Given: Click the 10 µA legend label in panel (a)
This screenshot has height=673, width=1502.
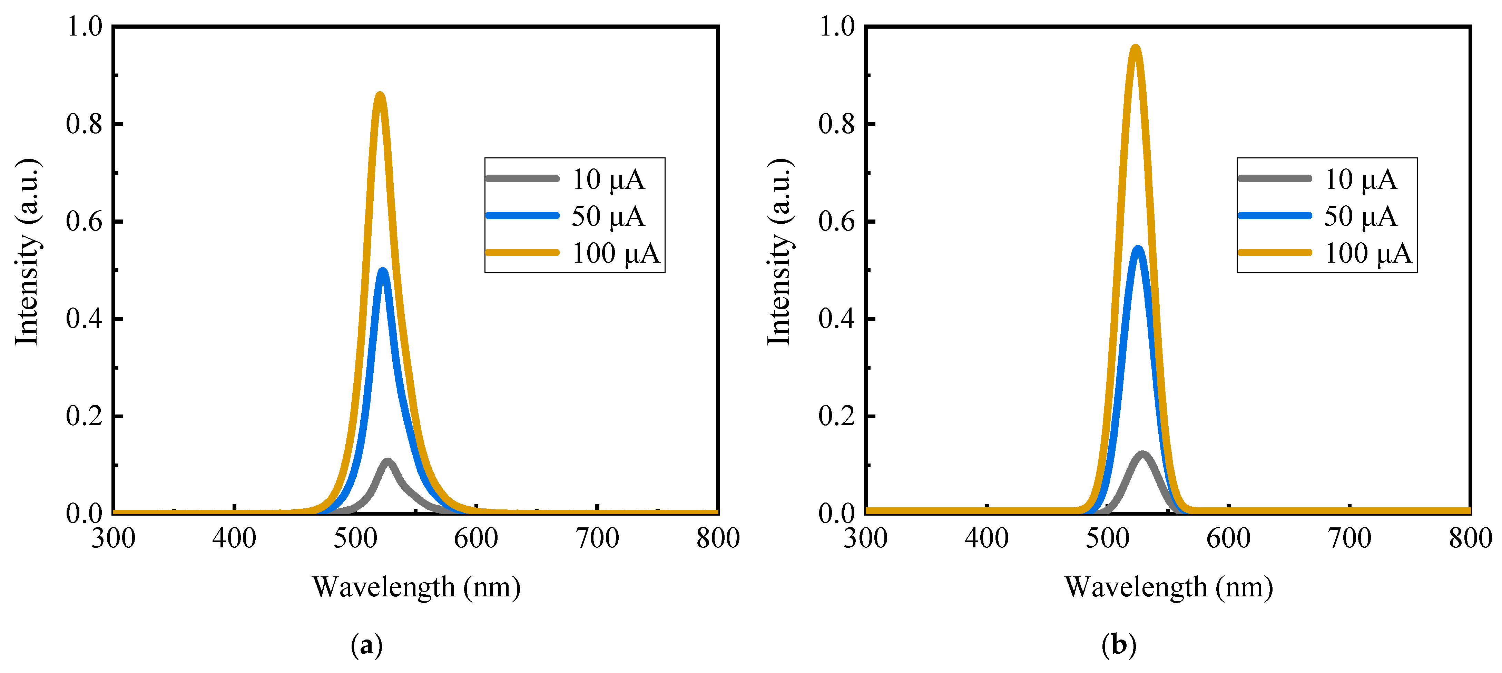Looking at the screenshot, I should click(x=608, y=179).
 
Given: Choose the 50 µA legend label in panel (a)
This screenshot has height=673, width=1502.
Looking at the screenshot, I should click(x=608, y=216).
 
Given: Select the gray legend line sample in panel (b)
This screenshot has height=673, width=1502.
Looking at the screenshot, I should click(x=1275, y=178).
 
